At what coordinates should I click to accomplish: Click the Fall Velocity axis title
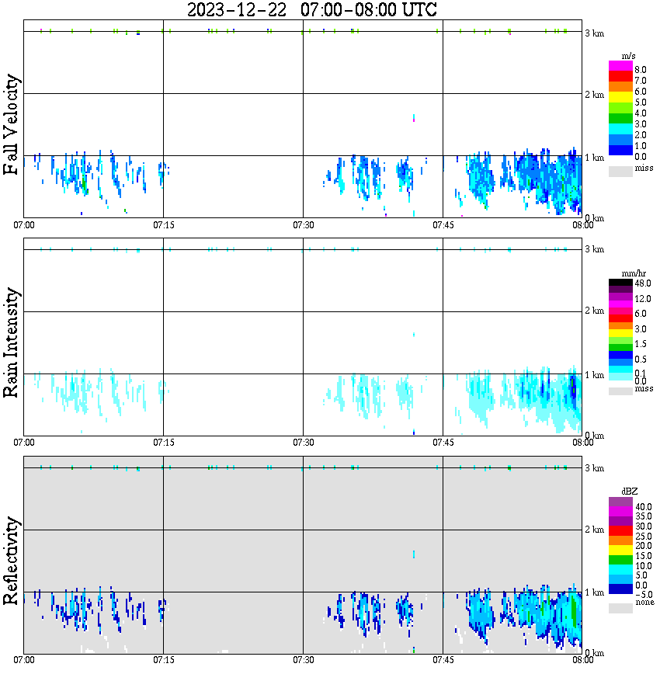tap(12, 125)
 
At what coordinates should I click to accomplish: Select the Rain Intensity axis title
tap(12, 342)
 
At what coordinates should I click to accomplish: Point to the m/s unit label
tap(630, 56)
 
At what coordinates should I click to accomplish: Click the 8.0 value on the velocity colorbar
tap(641, 69)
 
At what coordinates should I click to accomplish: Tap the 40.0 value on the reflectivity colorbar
tap(644, 506)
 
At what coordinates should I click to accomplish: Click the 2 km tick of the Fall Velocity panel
tap(594, 95)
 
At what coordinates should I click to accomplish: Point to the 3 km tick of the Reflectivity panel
tap(594, 468)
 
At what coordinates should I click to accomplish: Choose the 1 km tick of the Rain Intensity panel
tap(594, 375)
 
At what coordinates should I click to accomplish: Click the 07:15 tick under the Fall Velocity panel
tap(163, 224)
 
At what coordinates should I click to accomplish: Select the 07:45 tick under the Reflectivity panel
tap(443, 660)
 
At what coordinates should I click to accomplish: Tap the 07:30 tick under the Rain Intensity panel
tap(303, 442)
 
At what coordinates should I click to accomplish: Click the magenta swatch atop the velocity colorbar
tap(620, 65)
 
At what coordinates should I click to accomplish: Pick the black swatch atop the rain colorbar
tap(620, 282)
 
